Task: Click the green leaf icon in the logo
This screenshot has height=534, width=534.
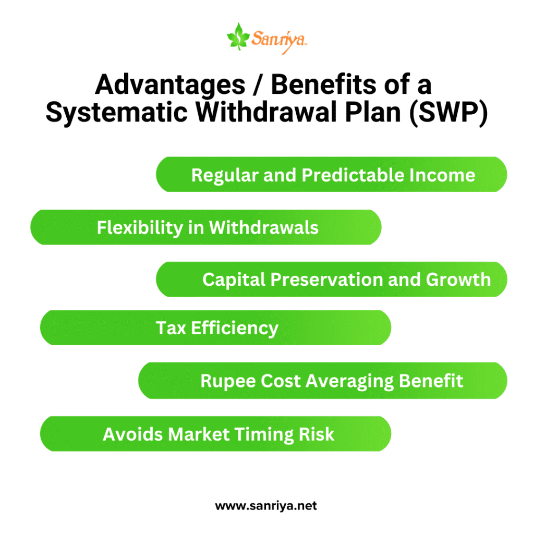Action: click(x=238, y=37)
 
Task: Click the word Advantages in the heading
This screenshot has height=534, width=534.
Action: click(x=170, y=85)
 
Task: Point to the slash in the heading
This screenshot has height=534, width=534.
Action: click(x=258, y=85)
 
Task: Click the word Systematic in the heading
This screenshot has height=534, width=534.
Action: click(x=116, y=113)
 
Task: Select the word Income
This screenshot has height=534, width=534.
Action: click(x=442, y=175)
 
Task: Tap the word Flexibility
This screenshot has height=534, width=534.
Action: click(x=140, y=228)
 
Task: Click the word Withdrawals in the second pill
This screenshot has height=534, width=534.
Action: click(x=263, y=227)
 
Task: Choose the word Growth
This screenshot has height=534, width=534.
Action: click(x=458, y=280)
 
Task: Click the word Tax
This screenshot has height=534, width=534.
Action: click(x=171, y=328)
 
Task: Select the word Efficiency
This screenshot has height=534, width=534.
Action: click(x=235, y=329)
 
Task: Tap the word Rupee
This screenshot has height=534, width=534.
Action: click(x=228, y=381)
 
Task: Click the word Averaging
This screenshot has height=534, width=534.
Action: click(x=350, y=381)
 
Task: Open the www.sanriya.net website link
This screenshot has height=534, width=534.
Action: click(x=266, y=506)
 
